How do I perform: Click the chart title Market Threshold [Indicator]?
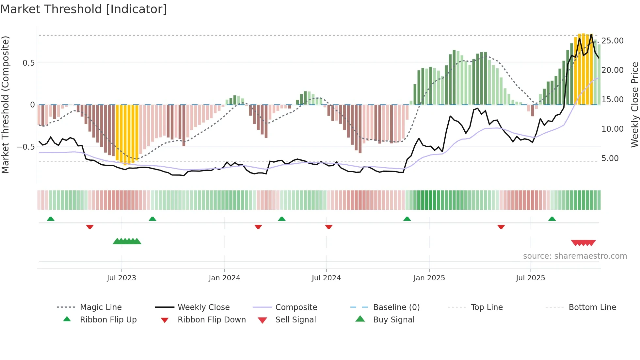pos(84,9)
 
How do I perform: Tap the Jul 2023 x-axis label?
pos(121,278)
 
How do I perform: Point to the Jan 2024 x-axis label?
pos(224,278)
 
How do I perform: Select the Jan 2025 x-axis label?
pos(429,278)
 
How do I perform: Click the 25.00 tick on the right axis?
pos(612,41)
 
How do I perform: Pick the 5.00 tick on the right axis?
pos(610,158)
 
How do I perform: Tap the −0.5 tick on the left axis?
pos(26,147)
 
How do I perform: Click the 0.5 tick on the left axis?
pos(28,63)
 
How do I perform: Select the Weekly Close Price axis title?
pos(634,105)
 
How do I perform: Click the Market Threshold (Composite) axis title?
pos(5,105)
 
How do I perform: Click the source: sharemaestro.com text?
pos(575,256)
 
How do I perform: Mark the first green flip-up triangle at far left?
pos(51,219)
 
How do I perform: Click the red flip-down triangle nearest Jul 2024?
pos(329,227)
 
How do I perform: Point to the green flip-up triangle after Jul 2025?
pos(552,219)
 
